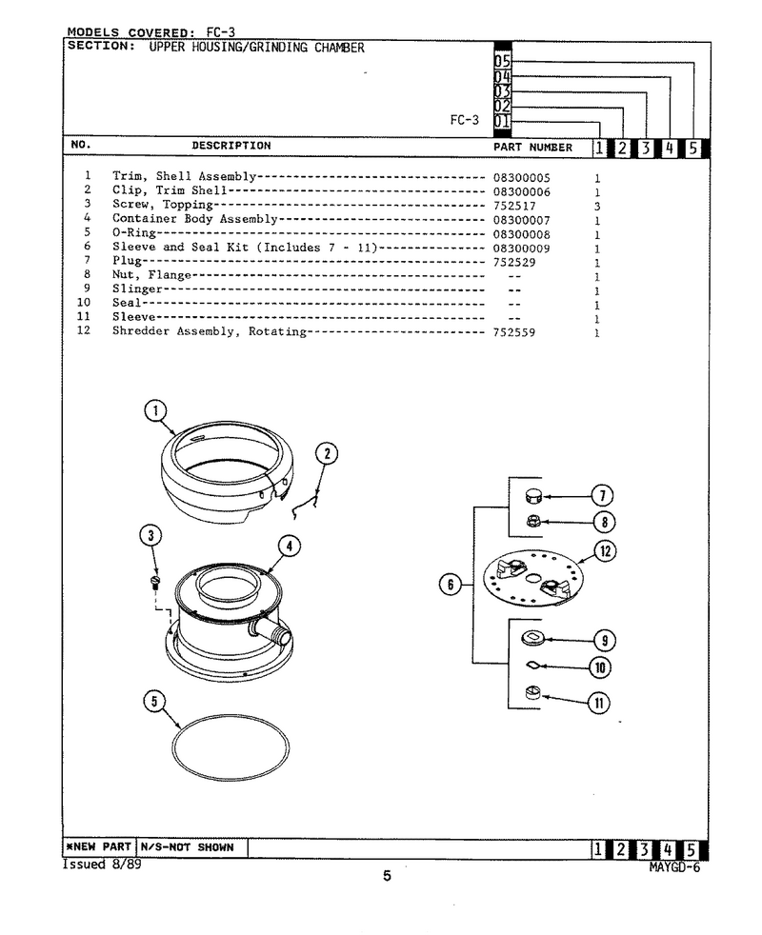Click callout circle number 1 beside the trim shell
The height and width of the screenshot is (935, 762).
coord(156,410)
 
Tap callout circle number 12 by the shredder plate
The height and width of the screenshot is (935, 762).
coord(605,551)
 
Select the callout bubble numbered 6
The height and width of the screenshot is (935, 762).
coord(451,585)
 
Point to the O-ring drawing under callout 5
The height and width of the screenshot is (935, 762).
coord(231,747)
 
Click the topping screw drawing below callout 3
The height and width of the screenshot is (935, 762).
coord(154,582)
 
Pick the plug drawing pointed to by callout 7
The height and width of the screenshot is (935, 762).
coord(532,496)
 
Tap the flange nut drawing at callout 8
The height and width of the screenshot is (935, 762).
coord(532,522)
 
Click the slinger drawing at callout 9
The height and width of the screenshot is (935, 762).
coord(531,638)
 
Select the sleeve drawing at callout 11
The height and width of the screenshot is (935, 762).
coord(532,693)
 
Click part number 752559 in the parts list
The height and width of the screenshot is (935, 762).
coord(513,332)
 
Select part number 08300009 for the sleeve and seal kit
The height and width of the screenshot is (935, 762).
coord(522,249)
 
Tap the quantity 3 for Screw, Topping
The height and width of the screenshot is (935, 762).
coord(597,207)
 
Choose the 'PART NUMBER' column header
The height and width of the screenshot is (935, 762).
coord(532,148)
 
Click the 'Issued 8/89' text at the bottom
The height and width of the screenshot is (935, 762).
coord(102,865)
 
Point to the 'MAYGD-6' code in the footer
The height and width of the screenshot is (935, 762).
coord(674,867)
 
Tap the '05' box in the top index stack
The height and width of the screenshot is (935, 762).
coord(502,61)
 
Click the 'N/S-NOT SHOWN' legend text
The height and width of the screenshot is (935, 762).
coord(187,847)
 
